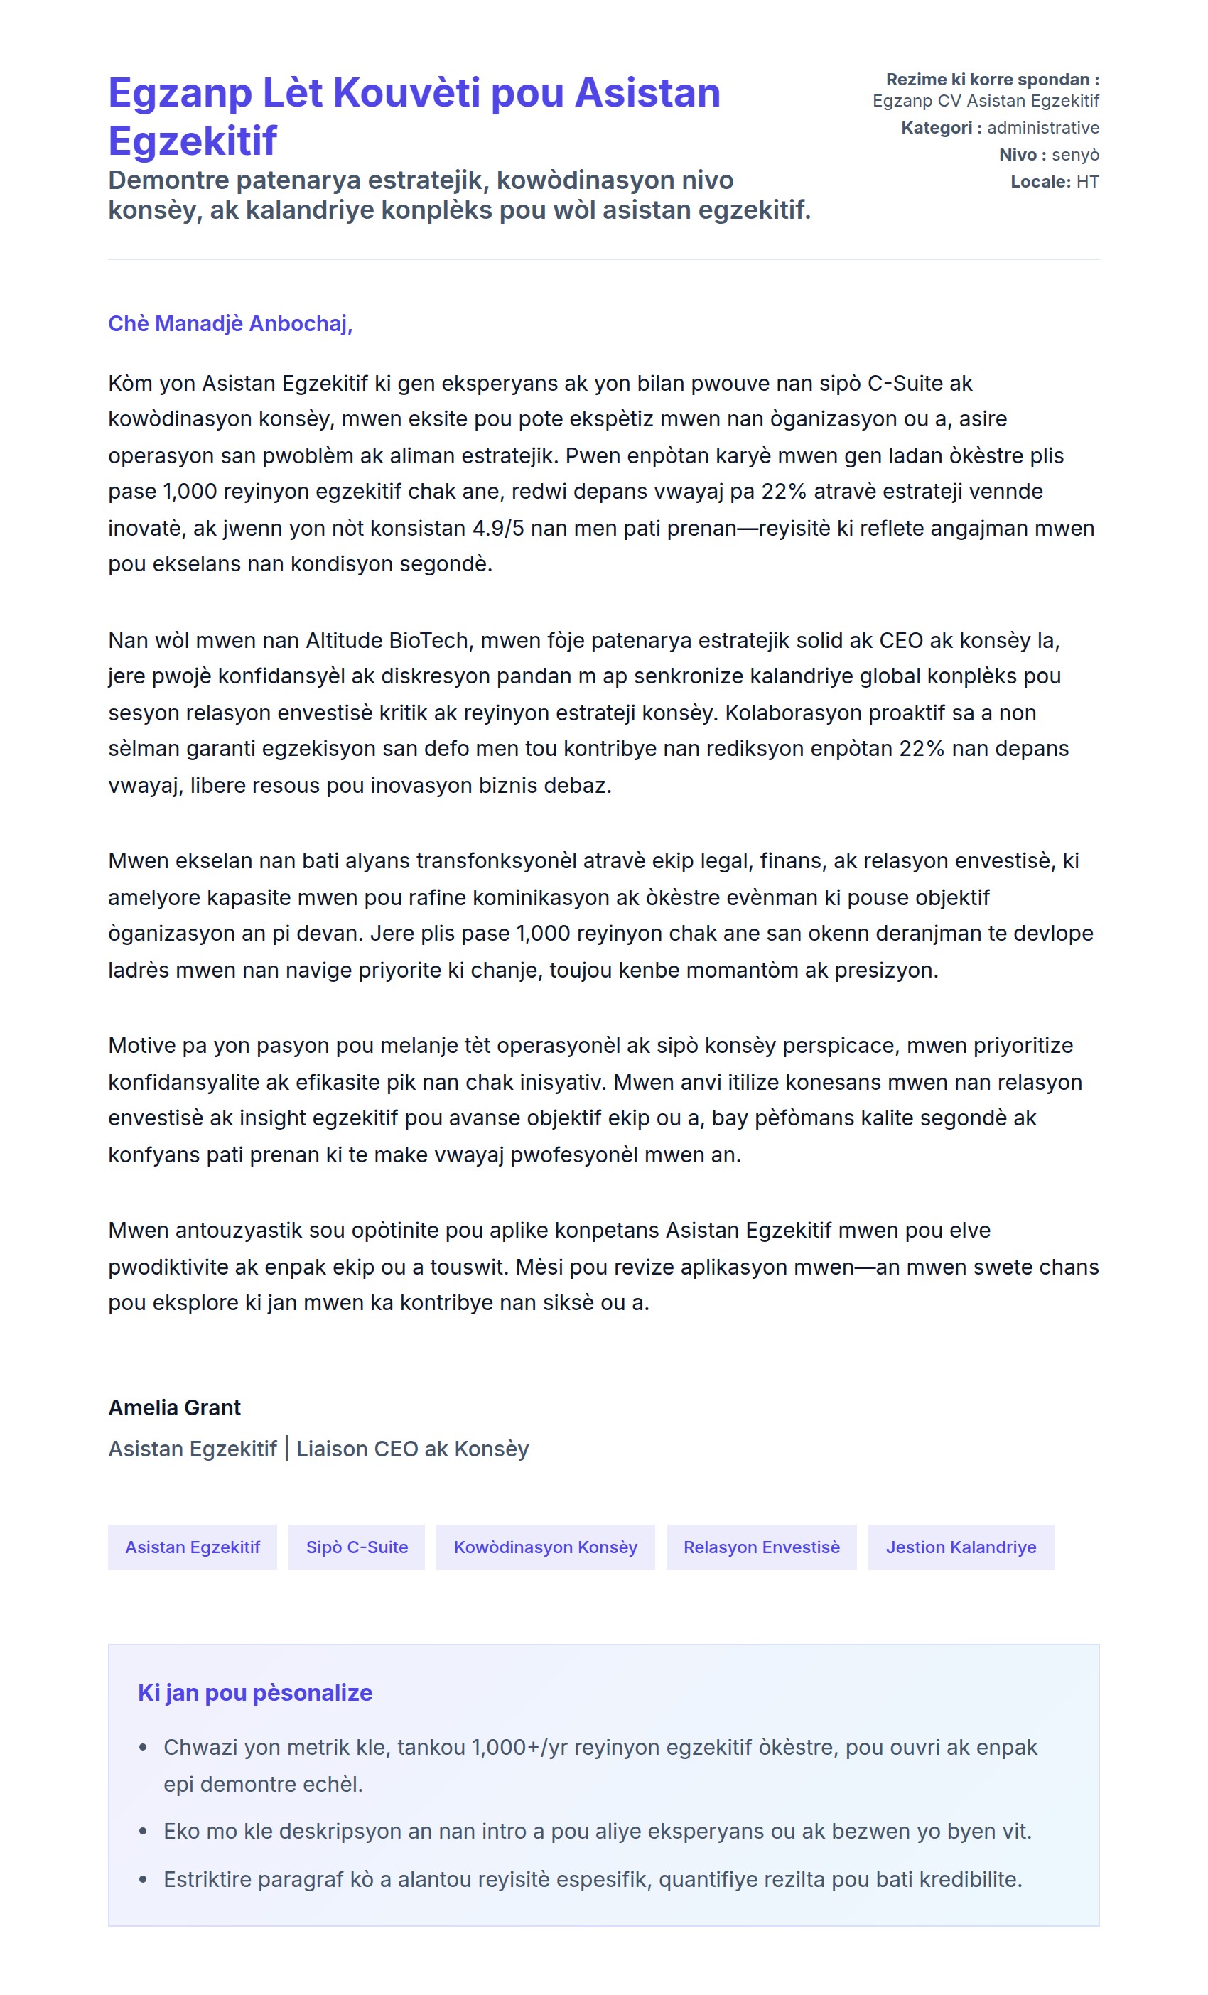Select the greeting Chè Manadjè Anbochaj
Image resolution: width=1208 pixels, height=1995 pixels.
tap(230, 324)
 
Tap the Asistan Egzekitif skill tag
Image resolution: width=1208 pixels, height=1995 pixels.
tap(192, 1547)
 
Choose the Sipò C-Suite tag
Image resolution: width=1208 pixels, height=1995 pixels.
tap(356, 1547)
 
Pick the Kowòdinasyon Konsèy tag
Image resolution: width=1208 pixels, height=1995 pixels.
tap(545, 1547)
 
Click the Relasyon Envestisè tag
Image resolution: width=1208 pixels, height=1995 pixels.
tap(761, 1547)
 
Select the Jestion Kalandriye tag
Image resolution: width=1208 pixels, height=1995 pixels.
tap(960, 1547)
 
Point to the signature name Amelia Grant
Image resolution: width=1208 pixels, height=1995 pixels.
tap(174, 1408)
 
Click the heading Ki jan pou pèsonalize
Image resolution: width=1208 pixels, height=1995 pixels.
tap(254, 1693)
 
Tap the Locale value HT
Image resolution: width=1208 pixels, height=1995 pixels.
tap(1087, 182)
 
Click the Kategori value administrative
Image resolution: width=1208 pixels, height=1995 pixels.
tap(1043, 128)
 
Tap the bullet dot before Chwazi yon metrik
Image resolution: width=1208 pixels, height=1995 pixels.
tap(144, 1748)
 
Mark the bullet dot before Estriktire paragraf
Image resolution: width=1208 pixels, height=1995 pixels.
tap(144, 1880)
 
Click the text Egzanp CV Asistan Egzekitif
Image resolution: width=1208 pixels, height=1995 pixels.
tap(986, 101)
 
